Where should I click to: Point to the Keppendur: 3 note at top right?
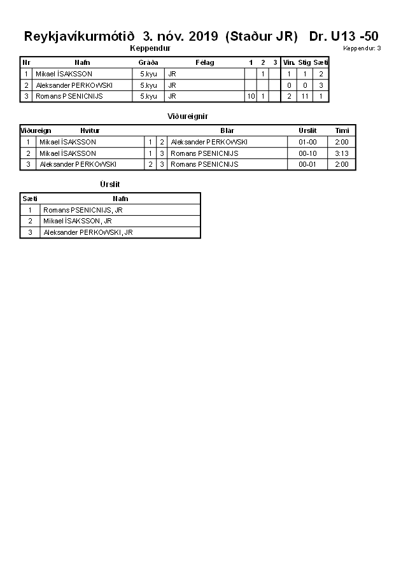(x=362, y=48)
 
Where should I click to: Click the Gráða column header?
(x=148, y=62)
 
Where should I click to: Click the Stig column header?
(x=304, y=62)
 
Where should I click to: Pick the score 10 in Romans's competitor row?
(x=251, y=96)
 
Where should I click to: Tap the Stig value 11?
(x=304, y=96)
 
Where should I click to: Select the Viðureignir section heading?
(x=188, y=116)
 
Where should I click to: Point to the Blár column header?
(x=227, y=130)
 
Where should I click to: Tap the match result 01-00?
(x=307, y=142)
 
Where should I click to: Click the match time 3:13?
(x=342, y=153)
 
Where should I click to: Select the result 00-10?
(x=307, y=153)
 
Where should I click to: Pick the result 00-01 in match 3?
(x=307, y=164)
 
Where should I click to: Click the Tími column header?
(x=342, y=130)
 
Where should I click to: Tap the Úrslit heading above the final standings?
(x=109, y=185)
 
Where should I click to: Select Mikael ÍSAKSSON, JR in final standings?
(x=78, y=221)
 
